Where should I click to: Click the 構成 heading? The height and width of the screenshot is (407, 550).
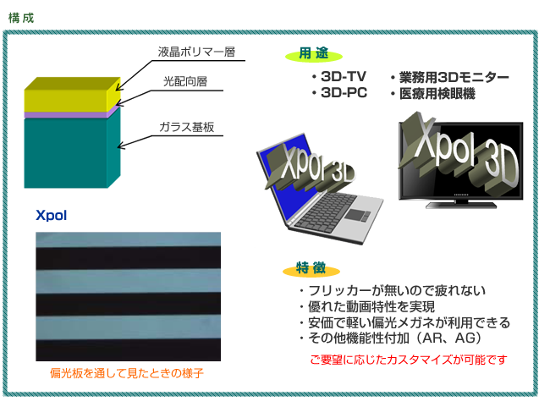[x=20, y=18]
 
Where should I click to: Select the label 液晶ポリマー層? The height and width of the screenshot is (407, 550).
[x=196, y=52]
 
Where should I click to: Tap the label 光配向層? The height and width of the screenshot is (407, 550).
[x=185, y=81]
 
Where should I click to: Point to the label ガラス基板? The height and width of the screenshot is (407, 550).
[x=187, y=127]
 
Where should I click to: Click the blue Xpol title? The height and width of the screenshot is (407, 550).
[x=52, y=215]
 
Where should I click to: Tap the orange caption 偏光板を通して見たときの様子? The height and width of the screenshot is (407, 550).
[x=127, y=373]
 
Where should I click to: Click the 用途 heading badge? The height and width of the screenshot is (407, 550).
[x=314, y=53]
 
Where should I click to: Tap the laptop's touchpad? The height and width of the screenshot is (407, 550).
[x=357, y=215]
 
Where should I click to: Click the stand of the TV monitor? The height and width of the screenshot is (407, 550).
[x=461, y=204]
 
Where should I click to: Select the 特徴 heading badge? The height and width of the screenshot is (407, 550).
[x=311, y=268]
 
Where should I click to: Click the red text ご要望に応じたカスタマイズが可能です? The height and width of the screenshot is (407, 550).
[x=409, y=360]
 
